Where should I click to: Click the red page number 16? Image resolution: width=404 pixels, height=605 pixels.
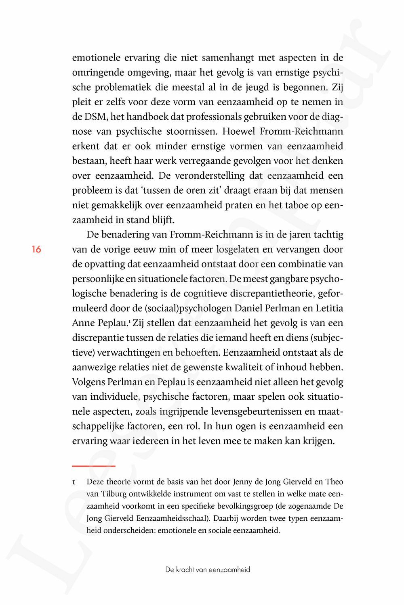pyautogui.click(x=36, y=250)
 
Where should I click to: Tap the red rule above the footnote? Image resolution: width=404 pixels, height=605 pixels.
pyautogui.click(x=94, y=466)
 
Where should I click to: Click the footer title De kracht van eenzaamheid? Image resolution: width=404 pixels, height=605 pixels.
pyautogui.click(x=208, y=570)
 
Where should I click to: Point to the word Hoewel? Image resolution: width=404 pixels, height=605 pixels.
pyautogui.click(x=240, y=131)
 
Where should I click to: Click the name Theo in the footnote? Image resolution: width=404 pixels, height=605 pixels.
pyautogui.click(x=334, y=482)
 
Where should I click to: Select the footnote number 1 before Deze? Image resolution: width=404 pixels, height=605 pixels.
pyautogui.click(x=74, y=482)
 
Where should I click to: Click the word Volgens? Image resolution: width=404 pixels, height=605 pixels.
pyautogui.click(x=88, y=382)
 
